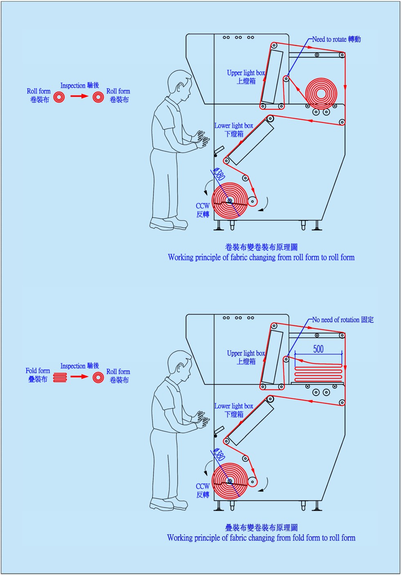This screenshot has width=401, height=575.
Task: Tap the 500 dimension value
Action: click(318, 349)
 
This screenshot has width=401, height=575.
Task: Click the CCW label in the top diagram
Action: click(203, 206)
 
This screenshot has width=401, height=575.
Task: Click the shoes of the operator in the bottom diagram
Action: click(168, 504)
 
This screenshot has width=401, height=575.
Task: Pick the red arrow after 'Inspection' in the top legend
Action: click(79, 96)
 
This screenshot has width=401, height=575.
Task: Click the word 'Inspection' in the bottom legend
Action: click(73, 366)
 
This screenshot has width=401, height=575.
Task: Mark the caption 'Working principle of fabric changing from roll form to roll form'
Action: click(261, 258)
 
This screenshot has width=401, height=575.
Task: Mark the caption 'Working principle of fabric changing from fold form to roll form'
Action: click(261, 538)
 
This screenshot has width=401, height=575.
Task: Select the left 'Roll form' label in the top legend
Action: click(39, 91)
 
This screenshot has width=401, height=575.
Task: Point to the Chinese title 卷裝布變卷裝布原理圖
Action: click(261, 247)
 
